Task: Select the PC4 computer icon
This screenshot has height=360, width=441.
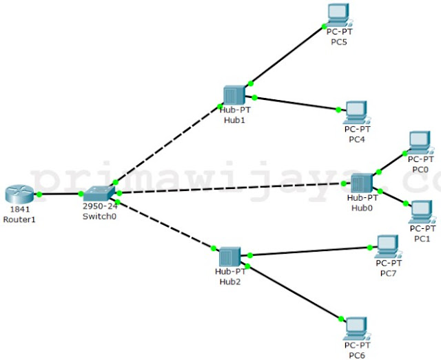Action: (x=356, y=111)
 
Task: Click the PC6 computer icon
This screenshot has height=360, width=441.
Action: (x=356, y=328)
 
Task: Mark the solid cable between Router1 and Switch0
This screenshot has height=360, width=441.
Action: (x=60, y=194)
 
